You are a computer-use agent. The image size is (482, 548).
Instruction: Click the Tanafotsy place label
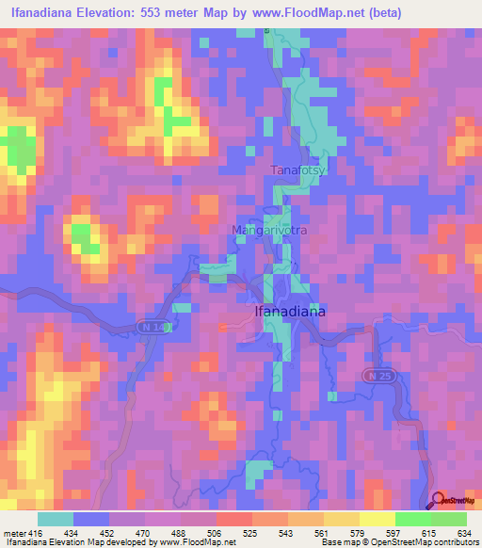297,169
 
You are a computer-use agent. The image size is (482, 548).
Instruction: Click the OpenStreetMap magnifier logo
437,500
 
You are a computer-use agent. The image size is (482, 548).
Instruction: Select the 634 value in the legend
462,532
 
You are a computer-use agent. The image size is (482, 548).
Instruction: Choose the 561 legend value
322,532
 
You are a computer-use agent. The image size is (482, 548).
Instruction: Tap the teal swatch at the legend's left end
56,519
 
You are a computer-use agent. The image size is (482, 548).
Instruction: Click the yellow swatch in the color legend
377,519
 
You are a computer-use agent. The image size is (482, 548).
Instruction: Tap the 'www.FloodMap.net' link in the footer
195,542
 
